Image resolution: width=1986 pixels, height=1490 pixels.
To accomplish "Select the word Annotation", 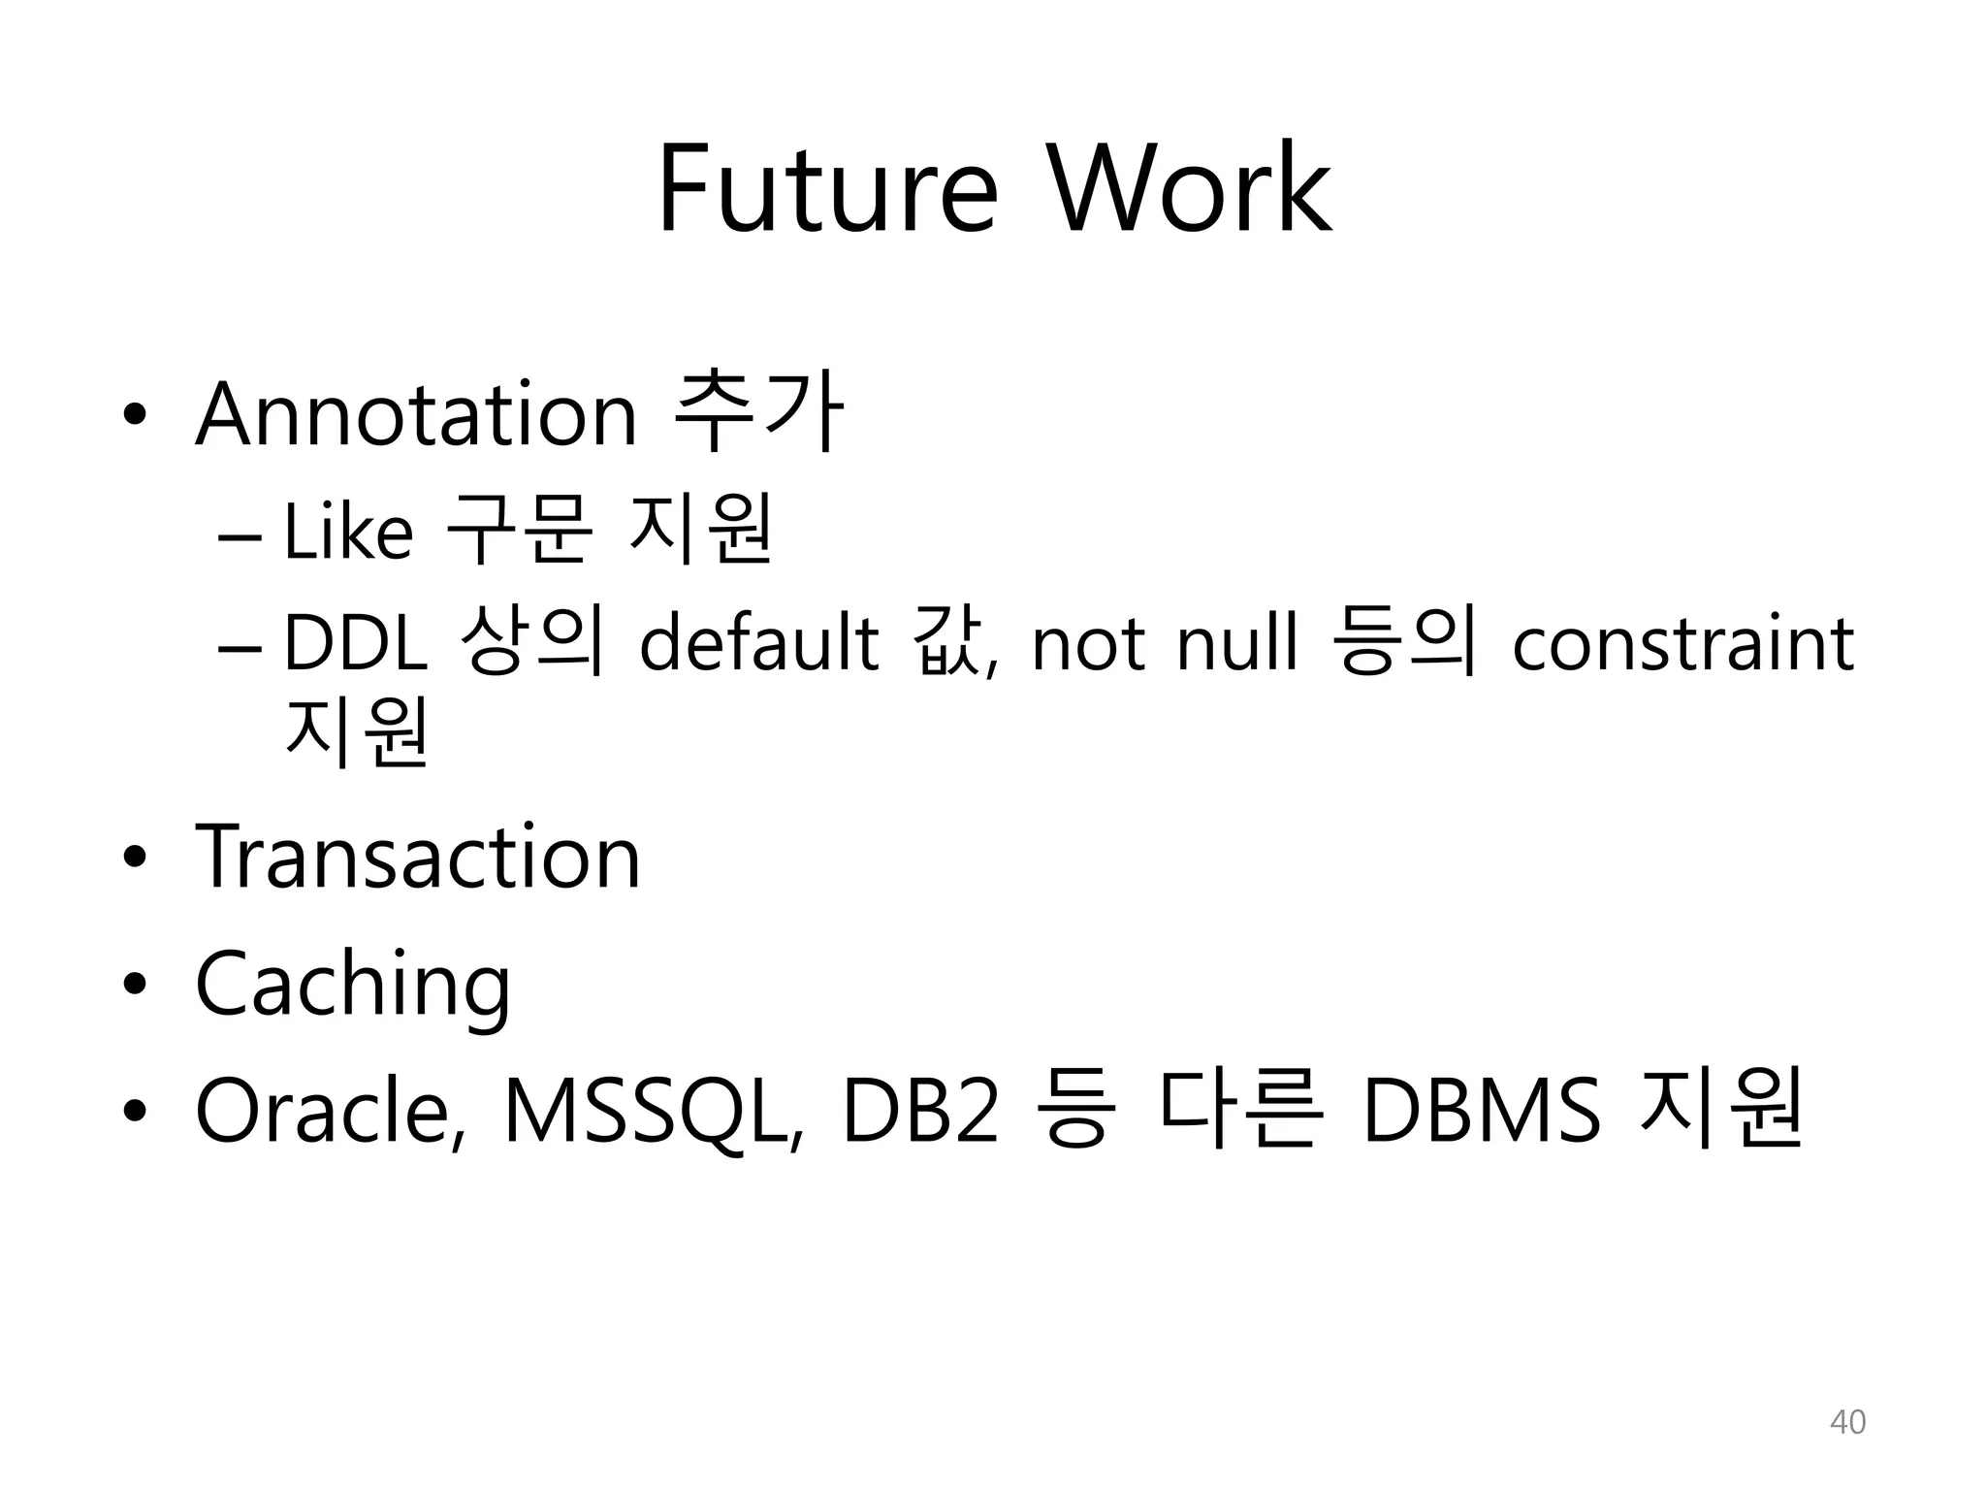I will point(416,415).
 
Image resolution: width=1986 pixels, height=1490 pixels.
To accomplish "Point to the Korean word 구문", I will point(518,532).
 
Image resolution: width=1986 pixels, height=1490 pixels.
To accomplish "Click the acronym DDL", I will point(356,644).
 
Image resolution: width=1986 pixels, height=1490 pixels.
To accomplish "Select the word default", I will point(758,644).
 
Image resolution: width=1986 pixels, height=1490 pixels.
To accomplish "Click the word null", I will point(1235,644).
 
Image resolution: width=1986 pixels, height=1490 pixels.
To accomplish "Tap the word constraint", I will point(1682,644).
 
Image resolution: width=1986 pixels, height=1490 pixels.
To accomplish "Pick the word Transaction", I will point(418,857).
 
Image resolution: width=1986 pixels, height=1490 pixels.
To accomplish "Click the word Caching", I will point(353,986).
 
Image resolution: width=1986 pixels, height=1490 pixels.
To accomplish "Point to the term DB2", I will point(920,1111).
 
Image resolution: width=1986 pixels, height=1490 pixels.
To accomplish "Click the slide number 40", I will point(1846,1422).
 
